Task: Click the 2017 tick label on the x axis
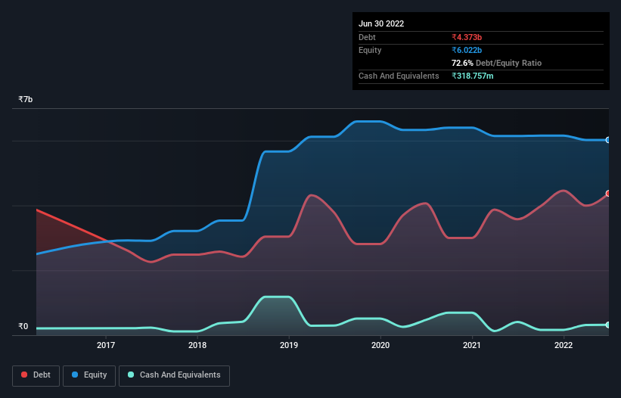coord(106,345)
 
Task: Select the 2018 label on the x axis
coord(197,345)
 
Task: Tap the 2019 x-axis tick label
coord(289,345)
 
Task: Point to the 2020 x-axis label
coord(380,345)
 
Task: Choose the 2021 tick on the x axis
coord(472,345)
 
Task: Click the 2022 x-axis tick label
coord(564,345)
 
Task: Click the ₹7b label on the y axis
coord(26,100)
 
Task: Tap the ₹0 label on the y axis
coord(23,327)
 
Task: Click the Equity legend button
coord(89,375)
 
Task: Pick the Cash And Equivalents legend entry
coord(174,375)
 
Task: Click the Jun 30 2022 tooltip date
coord(381,23)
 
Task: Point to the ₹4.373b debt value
coord(467,37)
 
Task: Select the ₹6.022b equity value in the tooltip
coord(467,50)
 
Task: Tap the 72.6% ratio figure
coord(462,63)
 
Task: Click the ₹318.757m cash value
coord(473,76)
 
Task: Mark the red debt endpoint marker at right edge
coord(607,194)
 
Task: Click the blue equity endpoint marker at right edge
coord(607,140)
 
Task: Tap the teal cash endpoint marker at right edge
coord(607,325)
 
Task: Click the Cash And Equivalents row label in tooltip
coord(399,76)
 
